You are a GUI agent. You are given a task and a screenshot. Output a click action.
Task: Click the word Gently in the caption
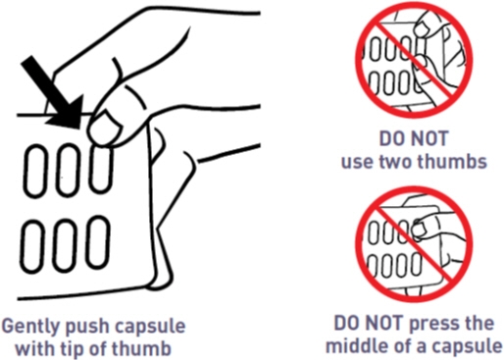click(x=31, y=327)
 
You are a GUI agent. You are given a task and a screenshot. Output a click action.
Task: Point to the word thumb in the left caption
click(x=144, y=348)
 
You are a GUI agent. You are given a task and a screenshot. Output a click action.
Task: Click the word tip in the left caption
click(x=76, y=349)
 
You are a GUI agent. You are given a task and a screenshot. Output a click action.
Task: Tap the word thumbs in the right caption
click(x=453, y=161)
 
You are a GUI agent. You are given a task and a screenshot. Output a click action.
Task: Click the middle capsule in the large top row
click(x=69, y=170)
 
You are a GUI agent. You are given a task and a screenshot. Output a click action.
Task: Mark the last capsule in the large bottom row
click(x=98, y=242)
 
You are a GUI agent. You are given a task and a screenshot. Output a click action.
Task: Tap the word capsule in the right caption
click(x=468, y=345)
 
